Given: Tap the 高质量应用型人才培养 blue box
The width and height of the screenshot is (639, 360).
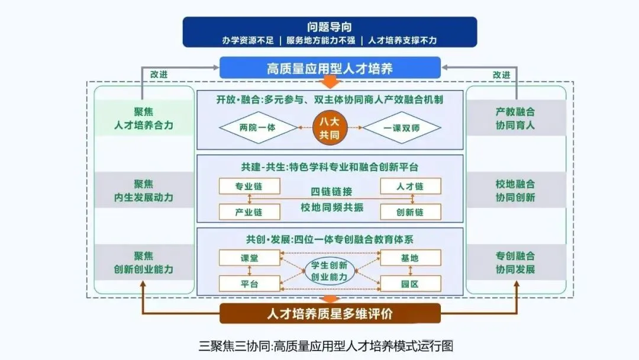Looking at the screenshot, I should (330, 67).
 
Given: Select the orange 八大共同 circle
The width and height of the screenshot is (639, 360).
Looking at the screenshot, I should (330, 127).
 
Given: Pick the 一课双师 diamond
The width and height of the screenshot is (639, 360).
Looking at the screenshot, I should (402, 127).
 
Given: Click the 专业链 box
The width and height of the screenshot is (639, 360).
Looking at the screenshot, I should (248, 186).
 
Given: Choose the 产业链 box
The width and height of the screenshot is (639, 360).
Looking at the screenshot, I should (248, 211).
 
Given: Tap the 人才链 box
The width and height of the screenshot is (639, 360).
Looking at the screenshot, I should (410, 186).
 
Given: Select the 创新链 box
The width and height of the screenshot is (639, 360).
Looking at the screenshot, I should (410, 211).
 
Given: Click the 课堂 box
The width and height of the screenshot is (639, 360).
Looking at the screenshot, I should (248, 258).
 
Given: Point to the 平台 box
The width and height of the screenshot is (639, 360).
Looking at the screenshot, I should (248, 284).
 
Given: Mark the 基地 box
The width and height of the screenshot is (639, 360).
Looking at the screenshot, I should (410, 258).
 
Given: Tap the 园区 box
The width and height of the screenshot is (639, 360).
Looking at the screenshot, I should (410, 284).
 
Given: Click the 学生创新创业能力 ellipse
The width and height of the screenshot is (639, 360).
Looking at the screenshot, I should (330, 271).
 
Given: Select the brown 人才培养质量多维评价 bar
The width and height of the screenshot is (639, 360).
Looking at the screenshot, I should (330, 313).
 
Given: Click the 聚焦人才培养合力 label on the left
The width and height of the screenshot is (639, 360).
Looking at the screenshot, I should (144, 118).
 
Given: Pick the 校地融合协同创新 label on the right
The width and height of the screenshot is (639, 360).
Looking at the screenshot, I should (515, 190).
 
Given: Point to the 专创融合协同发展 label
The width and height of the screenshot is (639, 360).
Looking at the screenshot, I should (515, 262).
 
